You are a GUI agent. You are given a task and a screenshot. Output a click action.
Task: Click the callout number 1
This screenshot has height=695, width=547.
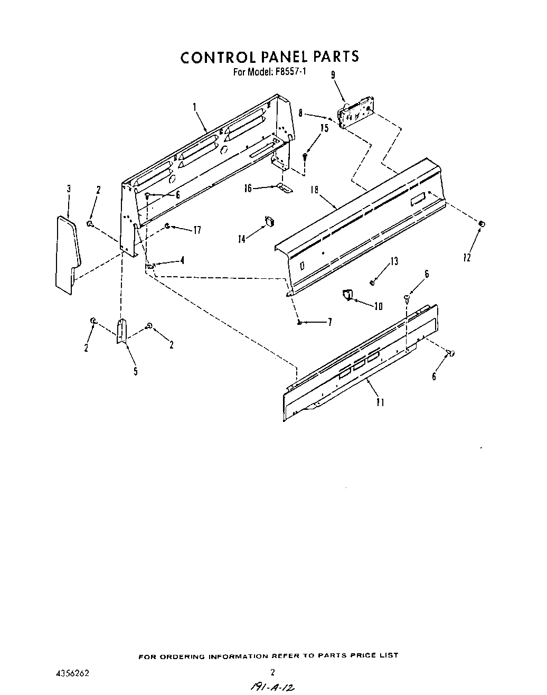coord(195,107)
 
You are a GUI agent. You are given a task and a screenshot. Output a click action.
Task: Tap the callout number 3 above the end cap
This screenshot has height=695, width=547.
coord(69,189)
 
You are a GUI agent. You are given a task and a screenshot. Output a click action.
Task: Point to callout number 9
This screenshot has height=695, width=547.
coord(333,75)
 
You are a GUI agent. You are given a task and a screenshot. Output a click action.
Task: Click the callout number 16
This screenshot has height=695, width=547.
coord(248,188)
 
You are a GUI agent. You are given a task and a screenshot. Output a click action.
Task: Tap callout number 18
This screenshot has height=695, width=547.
coord(315,190)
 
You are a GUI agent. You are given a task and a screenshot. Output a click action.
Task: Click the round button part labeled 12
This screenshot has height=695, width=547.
coord(481,224)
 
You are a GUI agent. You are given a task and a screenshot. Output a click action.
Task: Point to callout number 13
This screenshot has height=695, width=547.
coord(394,261)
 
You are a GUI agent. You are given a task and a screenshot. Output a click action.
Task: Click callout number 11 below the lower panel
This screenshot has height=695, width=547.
coord(380,402)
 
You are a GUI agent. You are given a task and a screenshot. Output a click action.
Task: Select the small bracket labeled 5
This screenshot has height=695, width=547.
coord(121,331)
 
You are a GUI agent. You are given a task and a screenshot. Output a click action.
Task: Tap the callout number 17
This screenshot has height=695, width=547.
coord(197,230)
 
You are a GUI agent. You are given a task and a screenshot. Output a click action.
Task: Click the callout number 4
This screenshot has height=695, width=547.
coord(182,260)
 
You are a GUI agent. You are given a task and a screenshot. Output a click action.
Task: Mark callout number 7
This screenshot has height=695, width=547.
coord(329,322)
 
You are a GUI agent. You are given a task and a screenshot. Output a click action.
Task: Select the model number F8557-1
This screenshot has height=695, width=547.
coord(290,72)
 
